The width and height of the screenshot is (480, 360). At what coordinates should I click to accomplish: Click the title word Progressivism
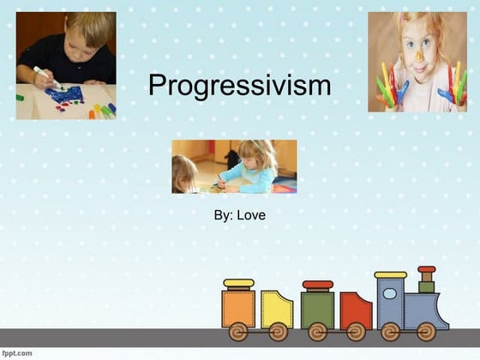tap(239, 85)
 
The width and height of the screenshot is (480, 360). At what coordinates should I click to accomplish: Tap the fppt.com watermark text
tap(18, 352)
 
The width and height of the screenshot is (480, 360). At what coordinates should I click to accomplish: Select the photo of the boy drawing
tap(66, 65)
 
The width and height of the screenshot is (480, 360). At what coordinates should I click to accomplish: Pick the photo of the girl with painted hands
tap(417, 62)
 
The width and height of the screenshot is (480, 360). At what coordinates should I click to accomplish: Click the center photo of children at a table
tap(234, 166)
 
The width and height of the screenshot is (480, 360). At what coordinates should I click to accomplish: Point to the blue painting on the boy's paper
tap(66, 93)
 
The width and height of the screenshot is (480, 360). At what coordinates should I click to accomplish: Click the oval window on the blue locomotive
tap(390, 293)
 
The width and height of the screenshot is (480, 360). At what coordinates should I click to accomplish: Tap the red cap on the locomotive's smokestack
tap(426, 270)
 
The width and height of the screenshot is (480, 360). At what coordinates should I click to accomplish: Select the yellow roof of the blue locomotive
tap(390, 275)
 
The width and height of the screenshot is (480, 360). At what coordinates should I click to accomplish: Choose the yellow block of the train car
tap(276, 309)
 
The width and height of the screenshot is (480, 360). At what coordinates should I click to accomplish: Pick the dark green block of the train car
tap(317, 308)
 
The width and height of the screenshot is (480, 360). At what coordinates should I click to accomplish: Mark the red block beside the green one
tap(355, 310)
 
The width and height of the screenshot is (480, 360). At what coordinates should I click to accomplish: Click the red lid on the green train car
tap(317, 285)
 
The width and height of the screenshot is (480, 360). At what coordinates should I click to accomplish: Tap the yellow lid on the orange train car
tap(238, 283)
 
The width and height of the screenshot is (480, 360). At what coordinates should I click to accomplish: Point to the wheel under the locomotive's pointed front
tap(426, 331)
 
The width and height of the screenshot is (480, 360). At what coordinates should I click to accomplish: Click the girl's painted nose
tap(419, 59)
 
